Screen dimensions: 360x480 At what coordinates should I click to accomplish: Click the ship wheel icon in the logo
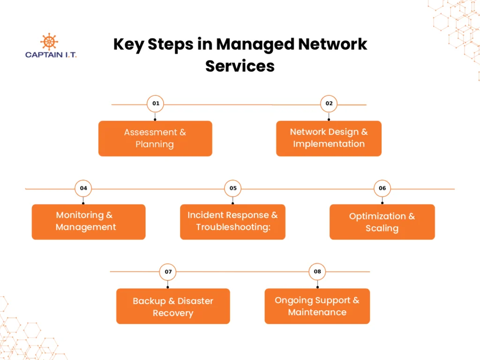click(x=49, y=41)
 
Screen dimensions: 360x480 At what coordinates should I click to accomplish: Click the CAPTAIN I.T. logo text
click(x=51, y=54)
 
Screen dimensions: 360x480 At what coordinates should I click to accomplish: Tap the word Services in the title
click(x=240, y=66)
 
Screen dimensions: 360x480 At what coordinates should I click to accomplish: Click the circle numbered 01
click(x=155, y=104)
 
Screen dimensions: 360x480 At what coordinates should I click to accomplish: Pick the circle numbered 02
click(x=329, y=104)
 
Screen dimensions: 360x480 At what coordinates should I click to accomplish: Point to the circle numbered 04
click(x=83, y=188)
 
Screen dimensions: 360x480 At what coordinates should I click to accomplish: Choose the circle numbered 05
click(x=232, y=188)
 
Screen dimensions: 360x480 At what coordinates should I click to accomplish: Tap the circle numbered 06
click(x=382, y=188)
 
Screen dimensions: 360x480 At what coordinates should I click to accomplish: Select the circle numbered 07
click(x=168, y=272)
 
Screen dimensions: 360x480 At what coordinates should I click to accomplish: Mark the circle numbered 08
click(x=317, y=272)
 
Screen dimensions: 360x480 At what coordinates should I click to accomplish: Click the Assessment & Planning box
click(x=155, y=138)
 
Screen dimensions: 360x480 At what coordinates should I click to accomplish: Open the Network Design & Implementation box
click(x=329, y=138)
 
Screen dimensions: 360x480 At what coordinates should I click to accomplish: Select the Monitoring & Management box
click(x=88, y=222)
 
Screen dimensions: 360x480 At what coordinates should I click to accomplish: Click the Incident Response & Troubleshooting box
click(x=232, y=222)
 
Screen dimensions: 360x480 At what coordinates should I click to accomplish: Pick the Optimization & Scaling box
click(x=382, y=222)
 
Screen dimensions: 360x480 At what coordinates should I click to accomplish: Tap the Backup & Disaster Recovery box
click(x=173, y=306)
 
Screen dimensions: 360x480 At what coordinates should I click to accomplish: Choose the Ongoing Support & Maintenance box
click(x=317, y=306)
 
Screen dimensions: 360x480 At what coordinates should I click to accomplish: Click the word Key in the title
click(x=128, y=45)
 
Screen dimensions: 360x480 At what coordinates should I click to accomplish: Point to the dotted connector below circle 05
click(x=232, y=201)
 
